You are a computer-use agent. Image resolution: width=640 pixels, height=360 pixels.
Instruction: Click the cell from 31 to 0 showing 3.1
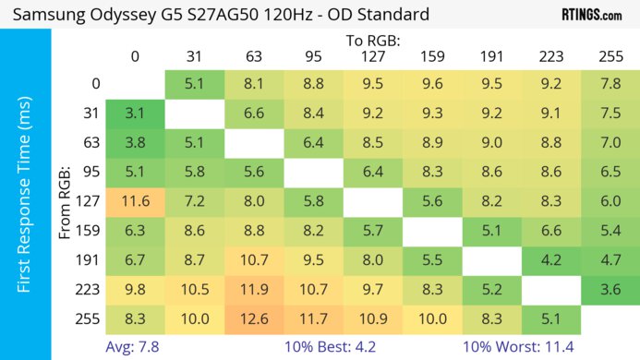(135, 114)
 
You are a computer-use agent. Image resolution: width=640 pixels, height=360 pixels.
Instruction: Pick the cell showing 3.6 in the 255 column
(610, 290)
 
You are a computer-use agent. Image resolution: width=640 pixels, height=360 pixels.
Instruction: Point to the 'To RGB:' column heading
(372, 42)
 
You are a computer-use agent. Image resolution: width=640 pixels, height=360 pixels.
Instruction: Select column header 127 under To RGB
(372, 56)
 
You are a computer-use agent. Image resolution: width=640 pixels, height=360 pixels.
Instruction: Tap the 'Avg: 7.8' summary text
(135, 346)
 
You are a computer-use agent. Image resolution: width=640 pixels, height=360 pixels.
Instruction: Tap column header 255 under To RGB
(610, 56)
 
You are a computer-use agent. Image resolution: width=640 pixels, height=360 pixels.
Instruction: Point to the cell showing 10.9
(372, 319)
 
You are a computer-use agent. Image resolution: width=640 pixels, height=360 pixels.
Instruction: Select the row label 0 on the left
(95, 84)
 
